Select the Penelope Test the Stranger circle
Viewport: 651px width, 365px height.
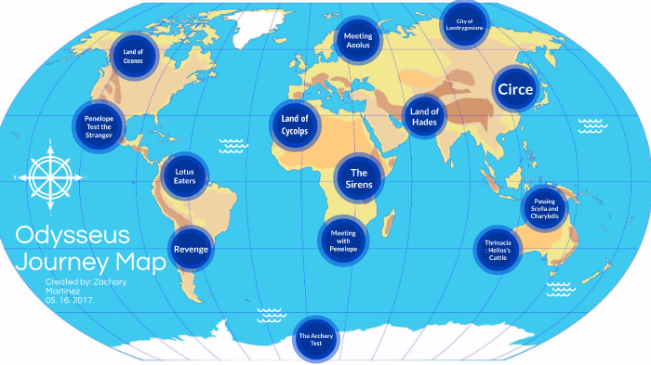point(99,124)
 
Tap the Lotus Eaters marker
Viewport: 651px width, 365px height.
point(185,175)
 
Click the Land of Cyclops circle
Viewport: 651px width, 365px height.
point(294,124)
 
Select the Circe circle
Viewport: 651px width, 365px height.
point(515,90)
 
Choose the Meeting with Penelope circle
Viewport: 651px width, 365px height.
point(343,239)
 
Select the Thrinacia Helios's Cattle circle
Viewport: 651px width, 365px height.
point(498,250)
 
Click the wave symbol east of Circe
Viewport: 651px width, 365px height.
point(592,124)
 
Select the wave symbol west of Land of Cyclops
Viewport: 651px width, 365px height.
point(232,145)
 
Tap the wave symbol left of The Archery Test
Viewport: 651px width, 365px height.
point(271,313)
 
